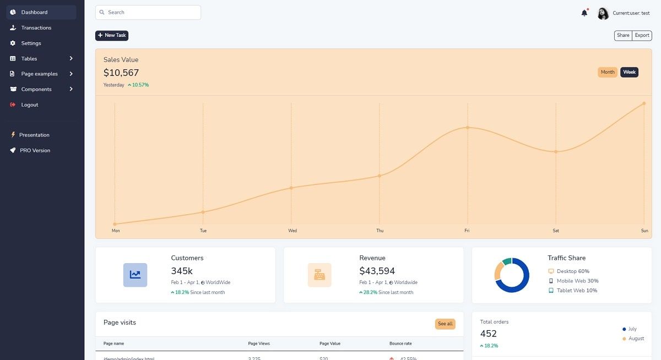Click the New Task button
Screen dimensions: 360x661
(x=112, y=35)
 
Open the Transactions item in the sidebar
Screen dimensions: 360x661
(x=36, y=28)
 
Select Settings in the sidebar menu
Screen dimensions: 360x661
(x=31, y=43)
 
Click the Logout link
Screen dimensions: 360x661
(x=30, y=105)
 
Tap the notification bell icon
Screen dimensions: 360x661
(x=584, y=13)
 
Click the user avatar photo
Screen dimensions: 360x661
(x=603, y=13)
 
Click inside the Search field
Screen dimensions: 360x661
(x=149, y=12)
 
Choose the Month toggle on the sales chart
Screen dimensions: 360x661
(x=608, y=72)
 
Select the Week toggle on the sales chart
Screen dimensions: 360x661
(x=629, y=72)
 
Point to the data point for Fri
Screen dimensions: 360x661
(x=468, y=128)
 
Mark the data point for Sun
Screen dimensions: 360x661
(x=644, y=103)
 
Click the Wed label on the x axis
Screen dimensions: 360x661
(x=292, y=231)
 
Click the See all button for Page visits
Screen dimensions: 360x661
(x=445, y=324)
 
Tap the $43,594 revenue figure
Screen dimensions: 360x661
(x=377, y=271)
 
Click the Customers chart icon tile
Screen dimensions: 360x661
(x=135, y=275)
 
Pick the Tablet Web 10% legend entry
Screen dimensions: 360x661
(x=576, y=290)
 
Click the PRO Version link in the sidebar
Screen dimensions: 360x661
(x=35, y=150)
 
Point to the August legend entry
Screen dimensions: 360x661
(x=636, y=339)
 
